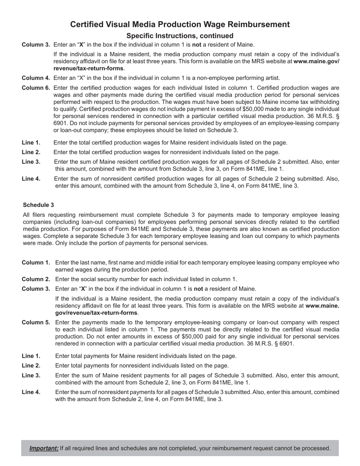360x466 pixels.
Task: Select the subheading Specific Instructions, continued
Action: [180, 36]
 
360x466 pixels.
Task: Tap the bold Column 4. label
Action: [36, 78]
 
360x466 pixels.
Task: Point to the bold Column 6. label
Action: [36, 88]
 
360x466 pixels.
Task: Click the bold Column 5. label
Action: [36, 322]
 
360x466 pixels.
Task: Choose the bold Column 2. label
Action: [36, 279]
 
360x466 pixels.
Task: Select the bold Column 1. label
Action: [36, 263]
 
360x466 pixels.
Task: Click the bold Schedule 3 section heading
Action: [38, 205]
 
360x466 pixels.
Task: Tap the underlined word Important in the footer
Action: [44, 448]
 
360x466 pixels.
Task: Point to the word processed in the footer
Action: [316, 448]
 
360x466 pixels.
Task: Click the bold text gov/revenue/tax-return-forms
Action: [97, 313]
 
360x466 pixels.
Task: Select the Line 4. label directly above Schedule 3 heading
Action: [31, 179]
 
